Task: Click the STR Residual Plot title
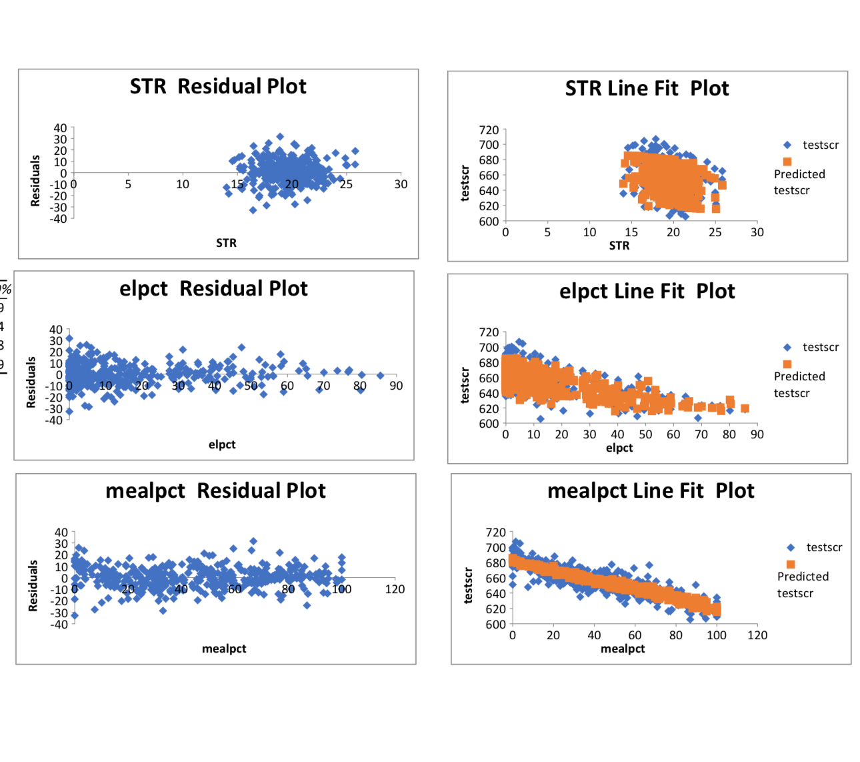pyautogui.click(x=218, y=87)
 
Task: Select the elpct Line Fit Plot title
pyautogui.click(x=647, y=292)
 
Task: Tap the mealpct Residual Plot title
pyautogui.click(x=215, y=491)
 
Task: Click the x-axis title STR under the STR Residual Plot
pyautogui.click(x=226, y=243)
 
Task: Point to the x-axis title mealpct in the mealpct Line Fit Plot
pyautogui.click(x=622, y=649)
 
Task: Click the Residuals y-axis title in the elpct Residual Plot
pyautogui.click(x=31, y=382)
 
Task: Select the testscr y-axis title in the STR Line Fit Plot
pyautogui.click(x=465, y=183)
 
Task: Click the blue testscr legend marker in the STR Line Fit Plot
pyautogui.click(x=787, y=145)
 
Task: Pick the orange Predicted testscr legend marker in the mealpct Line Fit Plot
pyautogui.click(x=791, y=564)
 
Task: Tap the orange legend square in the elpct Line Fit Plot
pyautogui.click(x=787, y=364)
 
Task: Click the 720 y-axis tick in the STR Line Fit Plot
pyautogui.click(x=489, y=130)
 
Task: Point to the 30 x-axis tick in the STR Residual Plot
pyautogui.click(x=401, y=184)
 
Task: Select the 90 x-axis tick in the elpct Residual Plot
pyautogui.click(x=396, y=386)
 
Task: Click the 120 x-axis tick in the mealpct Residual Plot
pyautogui.click(x=395, y=589)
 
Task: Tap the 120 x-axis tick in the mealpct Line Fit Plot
pyautogui.click(x=757, y=635)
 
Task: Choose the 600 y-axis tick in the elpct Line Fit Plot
pyautogui.click(x=489, y=424)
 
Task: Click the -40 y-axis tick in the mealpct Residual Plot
pyautogui.click(x=61, y=625)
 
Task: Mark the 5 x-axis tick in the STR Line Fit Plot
pyautogui.click(x=547, y=232)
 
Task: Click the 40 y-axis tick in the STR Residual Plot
pyautogui.click(x=60, y=128)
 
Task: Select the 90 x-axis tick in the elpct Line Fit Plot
pyautogui.click(x=757, y=434)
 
